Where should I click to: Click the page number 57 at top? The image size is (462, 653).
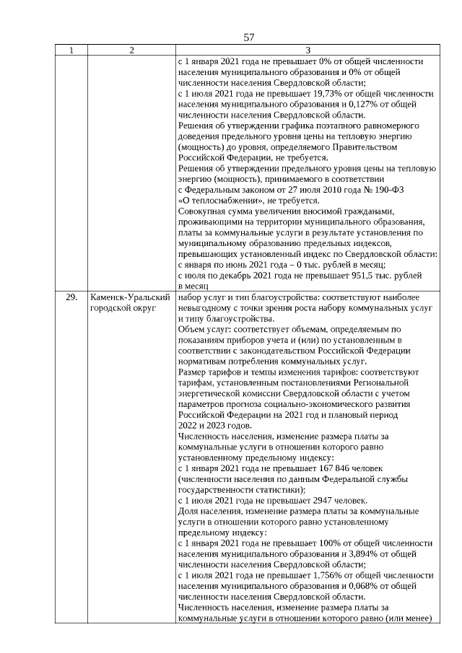[249, 38]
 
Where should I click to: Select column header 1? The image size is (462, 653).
[71, 51]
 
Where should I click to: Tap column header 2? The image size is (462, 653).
[131, 51]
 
